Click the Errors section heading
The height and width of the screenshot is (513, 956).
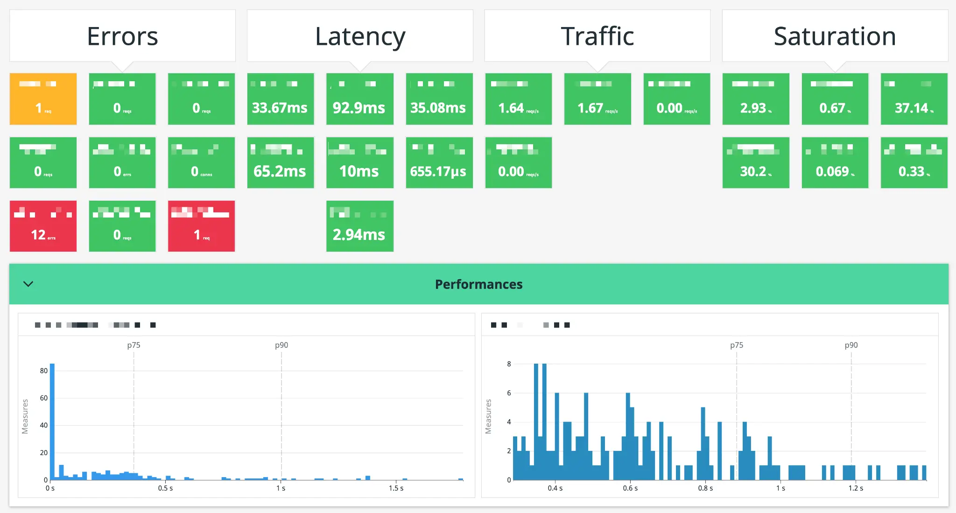[x=122, y=36]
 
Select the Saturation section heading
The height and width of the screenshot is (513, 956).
[x=835, y=36]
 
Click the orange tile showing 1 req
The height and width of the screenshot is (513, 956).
[x=43, y=99]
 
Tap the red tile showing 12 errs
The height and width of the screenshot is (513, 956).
[x=43, y=226]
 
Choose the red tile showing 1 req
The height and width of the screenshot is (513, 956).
[x=201, y=226]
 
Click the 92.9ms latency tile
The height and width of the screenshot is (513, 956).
[x=359, y=99]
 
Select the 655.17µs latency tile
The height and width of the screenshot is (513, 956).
[x=439, y=162]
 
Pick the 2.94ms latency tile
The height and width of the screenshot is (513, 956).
[x=359, y=226]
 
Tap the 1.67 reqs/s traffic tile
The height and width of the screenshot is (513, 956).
[x=597, y=99]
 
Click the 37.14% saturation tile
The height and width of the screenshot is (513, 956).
[x=914, y=99]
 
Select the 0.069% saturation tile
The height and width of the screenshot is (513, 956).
[x=835, y=162]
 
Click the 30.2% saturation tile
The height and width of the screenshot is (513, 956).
[x=756, y=162]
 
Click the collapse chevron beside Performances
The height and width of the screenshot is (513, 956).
[x=28, y=284]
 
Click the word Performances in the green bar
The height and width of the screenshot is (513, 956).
[x=478, y=284]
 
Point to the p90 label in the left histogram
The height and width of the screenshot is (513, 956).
[x=281, y=345]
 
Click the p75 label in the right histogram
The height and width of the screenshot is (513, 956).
[x=737, y=345]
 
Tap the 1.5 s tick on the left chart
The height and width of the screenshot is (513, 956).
[x=396, y=488]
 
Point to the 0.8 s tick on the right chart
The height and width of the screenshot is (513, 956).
[x=705, y=488]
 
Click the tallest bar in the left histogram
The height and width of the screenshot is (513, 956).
[x=52, y=420]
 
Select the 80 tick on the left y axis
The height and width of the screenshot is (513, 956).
[x=43, y=371]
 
